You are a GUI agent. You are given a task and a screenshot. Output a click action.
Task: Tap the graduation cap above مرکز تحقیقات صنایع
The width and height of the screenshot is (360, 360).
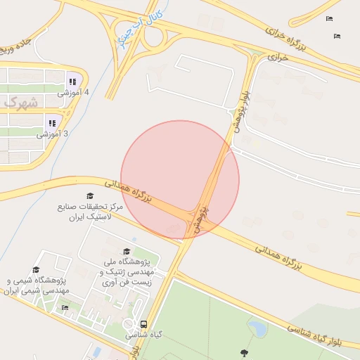89,195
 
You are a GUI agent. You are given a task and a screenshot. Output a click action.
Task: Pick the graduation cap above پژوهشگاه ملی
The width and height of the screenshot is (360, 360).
127,251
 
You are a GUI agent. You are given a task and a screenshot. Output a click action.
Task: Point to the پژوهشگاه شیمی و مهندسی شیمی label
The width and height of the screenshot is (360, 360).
36,285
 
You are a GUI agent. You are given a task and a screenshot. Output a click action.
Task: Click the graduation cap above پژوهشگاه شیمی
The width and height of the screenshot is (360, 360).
36,269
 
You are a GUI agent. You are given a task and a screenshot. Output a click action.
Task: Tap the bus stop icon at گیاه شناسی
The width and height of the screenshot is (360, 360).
143,324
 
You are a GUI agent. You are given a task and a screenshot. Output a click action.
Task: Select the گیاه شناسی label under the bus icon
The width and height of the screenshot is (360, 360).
142,336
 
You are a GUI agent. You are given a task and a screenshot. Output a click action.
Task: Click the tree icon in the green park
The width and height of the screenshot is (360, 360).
244,352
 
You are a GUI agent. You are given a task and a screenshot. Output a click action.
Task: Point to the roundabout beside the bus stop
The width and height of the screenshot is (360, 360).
130,325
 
